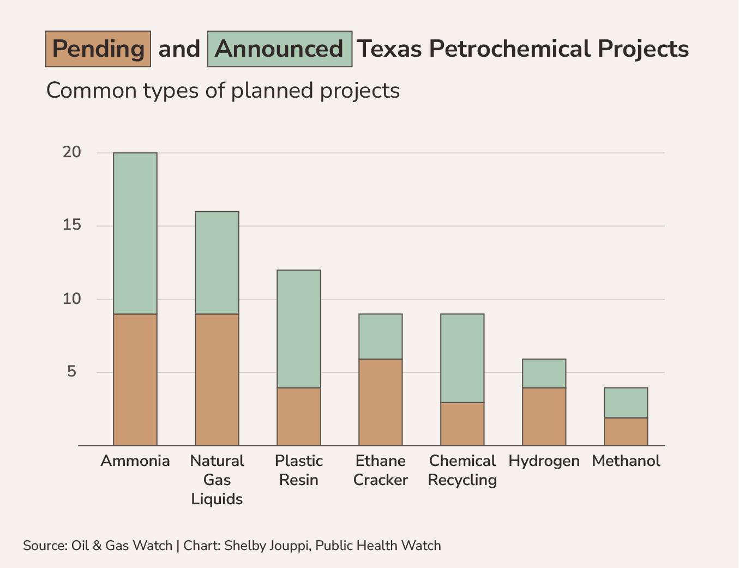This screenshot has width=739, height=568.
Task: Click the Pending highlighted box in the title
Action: point(98,49)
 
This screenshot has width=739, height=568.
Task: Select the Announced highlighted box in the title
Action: point(279,49)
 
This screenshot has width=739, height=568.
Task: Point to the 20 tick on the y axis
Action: point(72,152)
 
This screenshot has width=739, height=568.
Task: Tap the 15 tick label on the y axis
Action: point(72,225)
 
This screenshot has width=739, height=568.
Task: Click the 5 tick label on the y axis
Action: point(72,372)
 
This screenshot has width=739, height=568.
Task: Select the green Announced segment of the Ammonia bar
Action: point(135,233)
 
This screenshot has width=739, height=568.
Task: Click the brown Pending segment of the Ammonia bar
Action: point(135,380)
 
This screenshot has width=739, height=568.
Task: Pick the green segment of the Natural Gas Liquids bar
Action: point(217,262)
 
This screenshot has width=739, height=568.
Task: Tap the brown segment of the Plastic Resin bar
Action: point(299,417)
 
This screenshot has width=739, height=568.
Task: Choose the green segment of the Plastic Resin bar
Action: point(299,328)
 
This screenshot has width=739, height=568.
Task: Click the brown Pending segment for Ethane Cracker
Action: point(381,402)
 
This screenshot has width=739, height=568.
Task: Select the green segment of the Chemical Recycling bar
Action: point(462,358)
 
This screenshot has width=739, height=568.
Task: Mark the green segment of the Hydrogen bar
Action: point(544,373)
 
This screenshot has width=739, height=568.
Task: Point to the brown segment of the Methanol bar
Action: point(626,432)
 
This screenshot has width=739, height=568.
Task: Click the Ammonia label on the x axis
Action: point(135,461)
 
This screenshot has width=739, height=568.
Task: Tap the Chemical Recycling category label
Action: point(462,470)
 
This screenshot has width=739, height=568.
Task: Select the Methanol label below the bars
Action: point(626,461)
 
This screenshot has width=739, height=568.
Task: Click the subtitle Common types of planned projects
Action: point(223,91)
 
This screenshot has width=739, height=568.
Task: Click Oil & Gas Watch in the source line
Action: point(122,546)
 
